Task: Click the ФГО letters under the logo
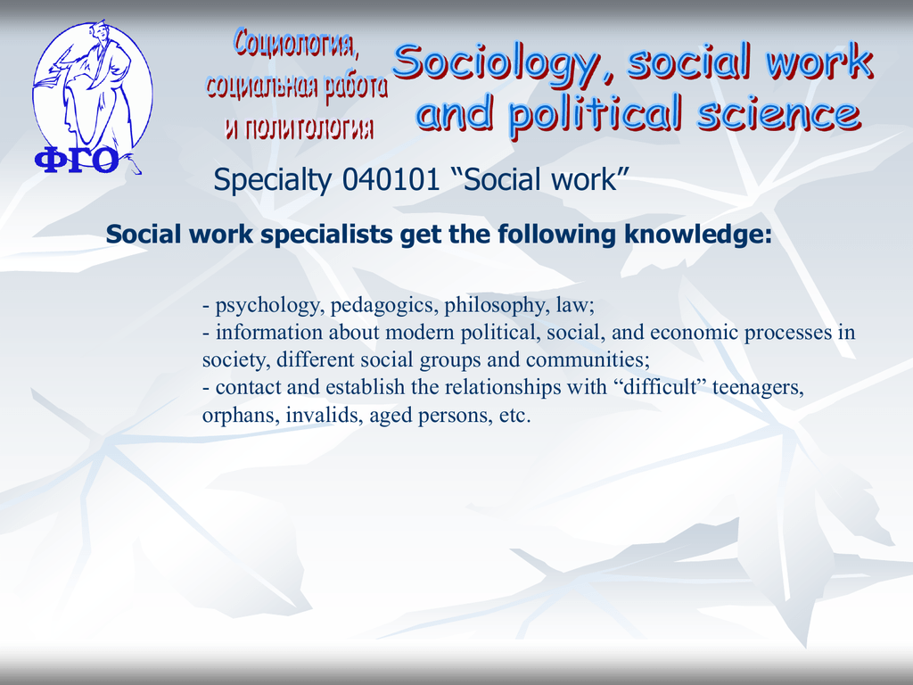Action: tap(77, 161)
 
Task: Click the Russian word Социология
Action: tap(296, 44)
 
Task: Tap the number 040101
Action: tap(391, 178)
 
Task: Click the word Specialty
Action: tap(273, 180)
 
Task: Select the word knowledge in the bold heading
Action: tap(697, 235)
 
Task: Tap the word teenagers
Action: tap(758, 387)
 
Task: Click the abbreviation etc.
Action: tap(514, 416)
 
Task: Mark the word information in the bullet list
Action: tap(269, 332)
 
